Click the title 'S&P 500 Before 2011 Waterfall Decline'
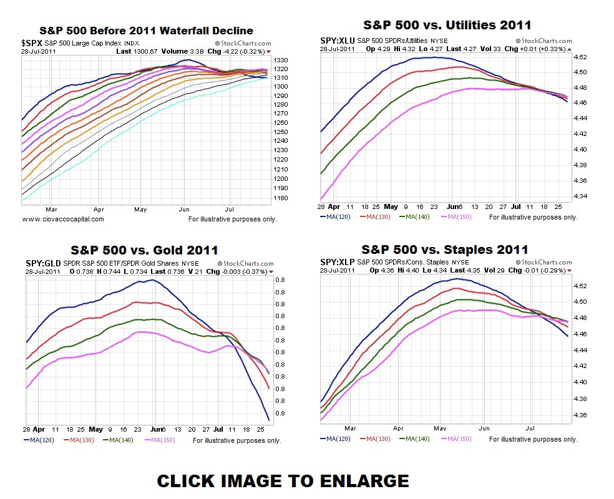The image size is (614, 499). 146,30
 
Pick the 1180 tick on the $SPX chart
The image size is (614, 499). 281,198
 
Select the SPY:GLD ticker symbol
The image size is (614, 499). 43,263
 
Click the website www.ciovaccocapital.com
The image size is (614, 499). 63,219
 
